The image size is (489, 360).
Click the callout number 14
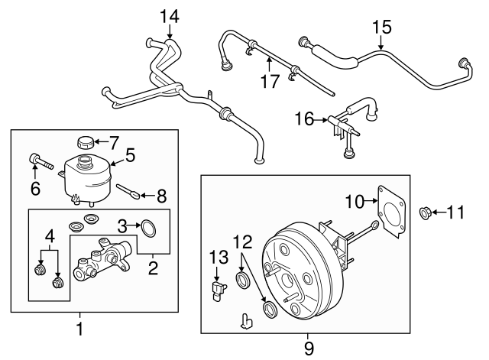click(168, 15)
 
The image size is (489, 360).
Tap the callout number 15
click(381, 28)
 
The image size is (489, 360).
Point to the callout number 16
click(304, 118)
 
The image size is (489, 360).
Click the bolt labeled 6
click(39, 161)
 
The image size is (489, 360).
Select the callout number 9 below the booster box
click(309, 348)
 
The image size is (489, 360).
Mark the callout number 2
click(154, 268)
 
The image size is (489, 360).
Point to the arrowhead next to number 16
click(327, 118)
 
